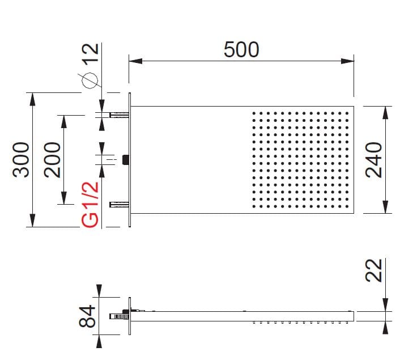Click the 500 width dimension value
(x=241, y=50)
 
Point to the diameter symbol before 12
(x=91, y=81)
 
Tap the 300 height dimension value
(x=21, y=159)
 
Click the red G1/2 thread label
(x=91, y=204)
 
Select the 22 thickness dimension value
(x=375, y=270)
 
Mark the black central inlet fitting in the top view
(x=125, y=160)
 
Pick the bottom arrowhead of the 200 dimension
(x=63, y=199)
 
